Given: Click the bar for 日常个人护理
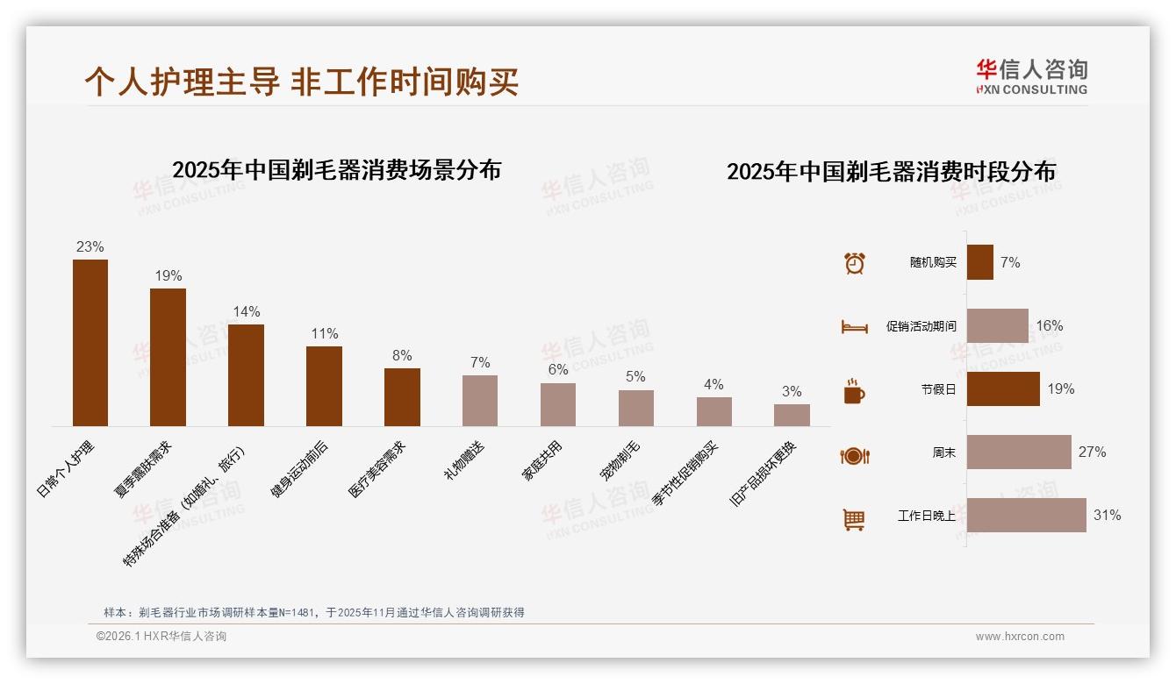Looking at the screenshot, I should (x=90, y=343).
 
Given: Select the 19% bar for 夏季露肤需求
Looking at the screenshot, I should (x=168, y=357).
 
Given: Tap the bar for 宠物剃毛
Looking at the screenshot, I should (x=635, y=408).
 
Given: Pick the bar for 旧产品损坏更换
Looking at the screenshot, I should (x=792, y=415).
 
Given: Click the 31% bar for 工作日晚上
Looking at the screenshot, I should (x=1026, y=516).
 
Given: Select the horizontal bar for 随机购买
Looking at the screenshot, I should (x=979, y=262).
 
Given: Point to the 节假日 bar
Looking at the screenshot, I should (x=1003, y=388).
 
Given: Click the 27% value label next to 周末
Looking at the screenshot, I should (x=1092, y=452).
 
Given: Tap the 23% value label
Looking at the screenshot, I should (x=90, y=247).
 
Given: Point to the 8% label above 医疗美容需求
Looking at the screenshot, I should (x=402, y=356).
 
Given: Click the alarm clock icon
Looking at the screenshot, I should (x=854, y=263).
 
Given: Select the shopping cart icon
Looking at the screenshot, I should (x=854, y=519).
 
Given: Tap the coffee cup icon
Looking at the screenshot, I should (x=854, y=391).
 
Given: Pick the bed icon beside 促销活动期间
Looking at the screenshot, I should (x=854, y=327).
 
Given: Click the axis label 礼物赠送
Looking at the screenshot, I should (x=465, y=460).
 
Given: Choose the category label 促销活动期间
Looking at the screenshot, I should (x=921, y=326).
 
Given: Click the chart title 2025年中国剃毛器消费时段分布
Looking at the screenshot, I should (x=891, y=172).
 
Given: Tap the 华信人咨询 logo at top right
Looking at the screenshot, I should (x=1031, y=76).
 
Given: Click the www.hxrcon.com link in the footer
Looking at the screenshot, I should (x=1019, y=637).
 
